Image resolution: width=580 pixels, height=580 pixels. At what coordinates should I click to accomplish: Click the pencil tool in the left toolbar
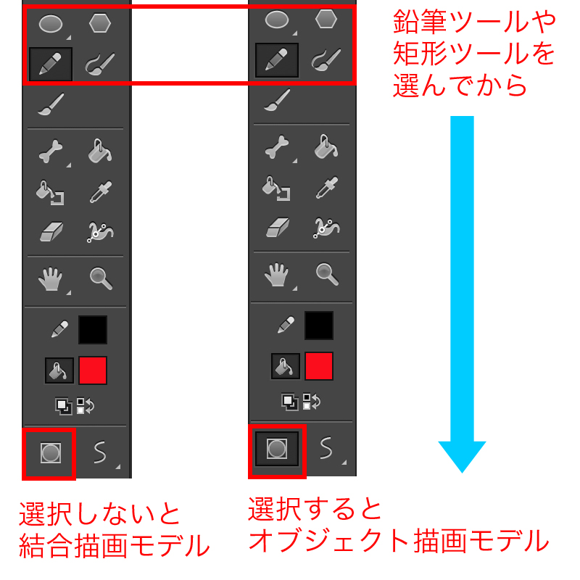[x=51, y=64]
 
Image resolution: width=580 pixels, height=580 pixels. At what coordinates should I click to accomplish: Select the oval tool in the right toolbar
[x=277, y=20]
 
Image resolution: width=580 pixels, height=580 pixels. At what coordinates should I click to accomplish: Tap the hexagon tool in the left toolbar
[x=100, y=23]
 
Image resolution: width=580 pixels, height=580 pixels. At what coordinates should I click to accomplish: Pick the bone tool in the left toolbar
[x=51, y=151]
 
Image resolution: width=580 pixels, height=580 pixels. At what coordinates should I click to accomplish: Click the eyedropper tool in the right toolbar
[x=327, y=188]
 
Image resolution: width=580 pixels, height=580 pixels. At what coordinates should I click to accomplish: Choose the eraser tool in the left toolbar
[x=51, y=232]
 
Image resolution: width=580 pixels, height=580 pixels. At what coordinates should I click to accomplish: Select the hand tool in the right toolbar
[x=277, y=275]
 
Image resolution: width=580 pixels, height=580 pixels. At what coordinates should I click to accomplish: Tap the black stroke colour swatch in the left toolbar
[x=93, y=330]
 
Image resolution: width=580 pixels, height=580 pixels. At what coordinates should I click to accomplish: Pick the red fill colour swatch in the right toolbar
[x=319, y=366]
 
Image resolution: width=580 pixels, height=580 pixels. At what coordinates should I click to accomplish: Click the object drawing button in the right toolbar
[x=277, y=449]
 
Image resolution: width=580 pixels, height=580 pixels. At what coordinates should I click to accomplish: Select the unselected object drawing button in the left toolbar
[x=50, y=452]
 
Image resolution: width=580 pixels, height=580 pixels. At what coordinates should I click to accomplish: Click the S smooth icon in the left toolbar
[x=100, y=452]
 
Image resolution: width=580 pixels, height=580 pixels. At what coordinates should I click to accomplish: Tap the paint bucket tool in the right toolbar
[x=326, y=147]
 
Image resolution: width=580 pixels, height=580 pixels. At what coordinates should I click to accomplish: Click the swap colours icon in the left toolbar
[x=86, y=406]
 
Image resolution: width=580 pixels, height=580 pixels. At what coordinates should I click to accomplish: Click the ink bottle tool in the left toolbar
[x=50, y=192]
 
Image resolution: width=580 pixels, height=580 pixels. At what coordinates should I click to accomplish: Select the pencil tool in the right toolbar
[x=277, y=60]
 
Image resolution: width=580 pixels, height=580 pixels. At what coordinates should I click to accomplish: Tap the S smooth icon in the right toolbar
[x=326, y=448]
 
